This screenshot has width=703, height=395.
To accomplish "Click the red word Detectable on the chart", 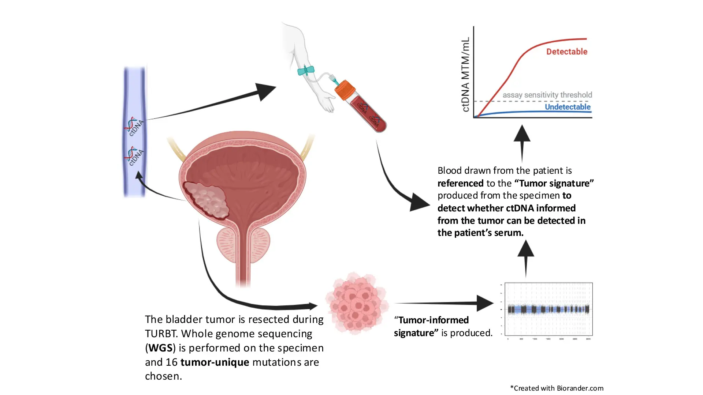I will pos(566,52).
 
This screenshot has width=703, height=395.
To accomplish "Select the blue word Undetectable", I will pos(568,107).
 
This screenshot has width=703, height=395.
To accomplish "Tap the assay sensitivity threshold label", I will pos(547,95).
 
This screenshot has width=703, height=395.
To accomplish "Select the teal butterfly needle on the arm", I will pos(305,70).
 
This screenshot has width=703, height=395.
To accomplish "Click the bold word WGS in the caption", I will pos(160,347).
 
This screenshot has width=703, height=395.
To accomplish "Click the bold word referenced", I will pos(460,183).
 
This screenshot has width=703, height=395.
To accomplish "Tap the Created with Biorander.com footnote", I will pos(557,388).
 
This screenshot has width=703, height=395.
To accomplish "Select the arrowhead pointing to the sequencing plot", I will pos(485,303).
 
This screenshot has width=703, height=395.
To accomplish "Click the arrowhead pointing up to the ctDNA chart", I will pos(522,133).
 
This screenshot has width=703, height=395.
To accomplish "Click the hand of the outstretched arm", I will pos(327,103).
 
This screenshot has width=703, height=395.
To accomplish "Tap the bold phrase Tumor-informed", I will pos(433,320).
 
